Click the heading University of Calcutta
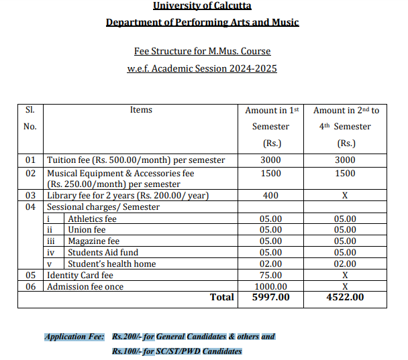(202, 6)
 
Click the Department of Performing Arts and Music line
(202, 23)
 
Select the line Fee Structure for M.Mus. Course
(202, 51)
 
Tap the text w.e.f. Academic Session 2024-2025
(202, 68)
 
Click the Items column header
(141, 110)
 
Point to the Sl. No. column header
(30, 118)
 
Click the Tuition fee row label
(136, 160)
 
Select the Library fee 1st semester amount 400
(270, 196)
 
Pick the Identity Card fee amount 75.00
(270, 276)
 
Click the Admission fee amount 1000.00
(270, 287)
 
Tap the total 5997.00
(270, 298)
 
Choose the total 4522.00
(345, 298)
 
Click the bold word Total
(222, 298)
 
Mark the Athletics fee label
(92, 219)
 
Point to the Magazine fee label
(93, 241)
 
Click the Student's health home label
(111, 264)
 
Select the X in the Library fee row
(345, 196)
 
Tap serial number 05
(30, 276)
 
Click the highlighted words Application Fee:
(74, 337)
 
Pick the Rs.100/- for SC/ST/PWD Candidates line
(176, 351)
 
